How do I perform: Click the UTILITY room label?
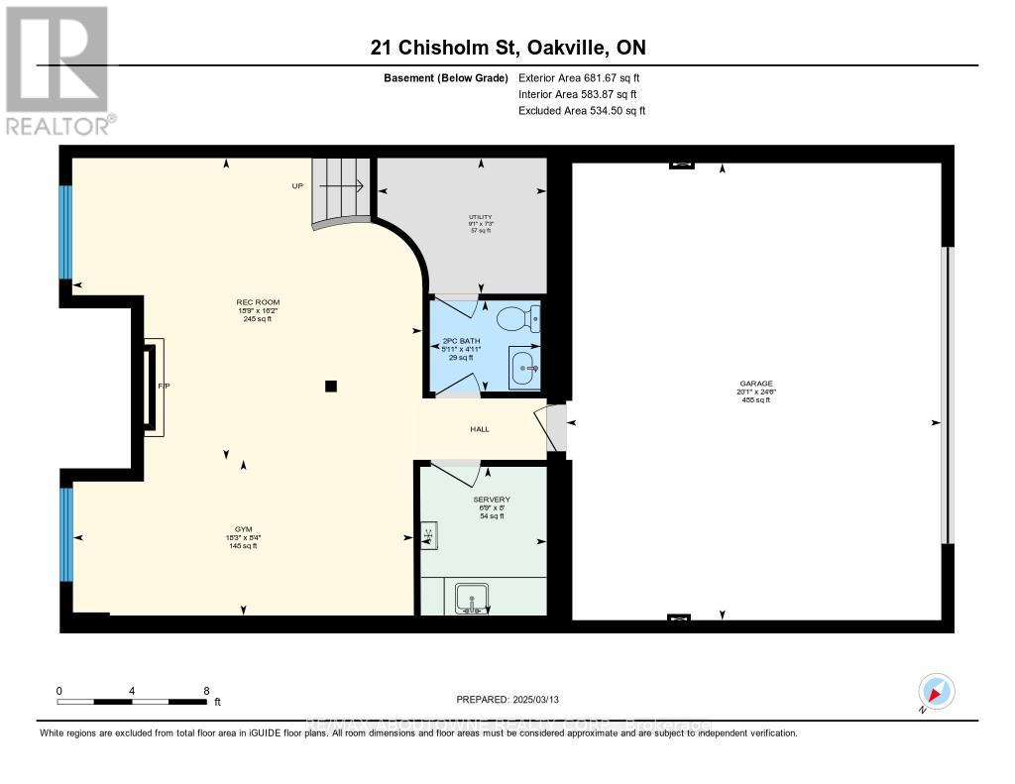pos(481,217)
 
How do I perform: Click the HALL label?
pos(479,429)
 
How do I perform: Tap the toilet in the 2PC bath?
pos(516,319)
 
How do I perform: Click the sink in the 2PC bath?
pos(524,368)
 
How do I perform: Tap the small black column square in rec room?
pos(331,387)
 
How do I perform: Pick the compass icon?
pos(935,690)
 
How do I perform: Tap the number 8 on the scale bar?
pos(206,690)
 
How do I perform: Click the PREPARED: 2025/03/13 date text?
pos(514,699)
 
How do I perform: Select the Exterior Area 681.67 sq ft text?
pos(582,77)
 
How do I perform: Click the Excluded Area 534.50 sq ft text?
pos(582,111)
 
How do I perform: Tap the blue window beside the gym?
pos(66,535)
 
